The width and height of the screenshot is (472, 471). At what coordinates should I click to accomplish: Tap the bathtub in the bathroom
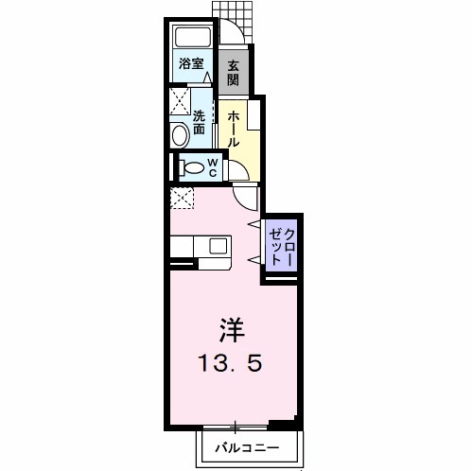[193, 39]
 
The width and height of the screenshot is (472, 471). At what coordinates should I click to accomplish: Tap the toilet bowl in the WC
[192, 168]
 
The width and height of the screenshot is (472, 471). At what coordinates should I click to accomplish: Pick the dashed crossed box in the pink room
[181, 197]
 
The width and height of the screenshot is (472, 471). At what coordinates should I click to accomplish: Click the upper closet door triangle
[253, 224]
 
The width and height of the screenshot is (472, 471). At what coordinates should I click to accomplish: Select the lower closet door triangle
[253, 257]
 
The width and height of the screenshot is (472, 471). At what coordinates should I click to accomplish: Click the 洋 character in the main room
[232, 330]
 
